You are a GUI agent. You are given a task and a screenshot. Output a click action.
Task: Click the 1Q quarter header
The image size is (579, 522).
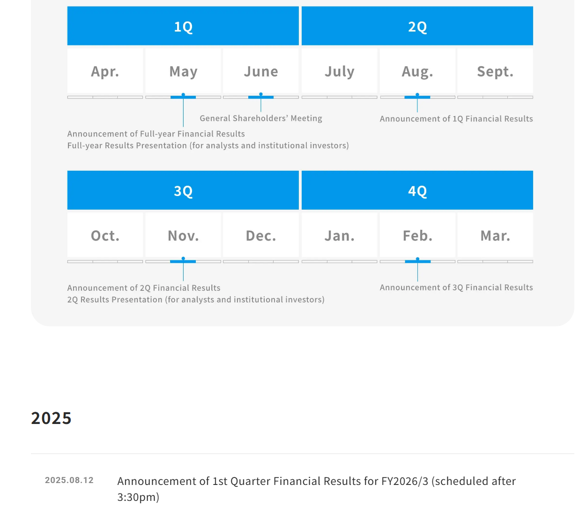[183, 26]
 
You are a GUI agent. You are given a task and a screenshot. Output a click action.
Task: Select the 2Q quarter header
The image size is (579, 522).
[417, 26]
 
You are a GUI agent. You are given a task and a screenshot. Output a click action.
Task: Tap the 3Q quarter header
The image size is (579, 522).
[183, 190]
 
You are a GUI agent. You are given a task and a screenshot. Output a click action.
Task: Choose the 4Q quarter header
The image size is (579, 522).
[417, 190]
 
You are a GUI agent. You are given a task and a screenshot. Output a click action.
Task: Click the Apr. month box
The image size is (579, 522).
[105, 71]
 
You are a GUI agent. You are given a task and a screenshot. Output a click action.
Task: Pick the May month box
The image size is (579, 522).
[183, 71]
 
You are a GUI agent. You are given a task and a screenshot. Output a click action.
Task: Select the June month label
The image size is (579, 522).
[261, 71]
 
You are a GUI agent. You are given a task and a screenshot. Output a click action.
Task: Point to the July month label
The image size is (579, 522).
[340, 71]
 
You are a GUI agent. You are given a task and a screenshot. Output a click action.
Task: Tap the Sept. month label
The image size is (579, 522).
[495, 71]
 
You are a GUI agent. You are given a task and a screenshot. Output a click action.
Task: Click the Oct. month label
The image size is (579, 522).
[105, 235]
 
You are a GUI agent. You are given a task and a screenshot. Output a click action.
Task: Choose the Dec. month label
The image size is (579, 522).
[261, 235]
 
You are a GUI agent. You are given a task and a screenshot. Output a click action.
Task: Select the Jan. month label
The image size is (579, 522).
[340, 235]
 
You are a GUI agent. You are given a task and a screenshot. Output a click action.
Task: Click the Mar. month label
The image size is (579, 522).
[495, 235]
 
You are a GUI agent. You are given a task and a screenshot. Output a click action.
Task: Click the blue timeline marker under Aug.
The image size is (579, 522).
[417, 97]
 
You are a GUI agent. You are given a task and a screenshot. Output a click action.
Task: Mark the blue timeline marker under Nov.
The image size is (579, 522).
[183, 261]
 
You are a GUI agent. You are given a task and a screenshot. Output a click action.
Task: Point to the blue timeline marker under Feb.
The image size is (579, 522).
[417, 261]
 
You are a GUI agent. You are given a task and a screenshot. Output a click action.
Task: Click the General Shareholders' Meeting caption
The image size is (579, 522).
[261, 118]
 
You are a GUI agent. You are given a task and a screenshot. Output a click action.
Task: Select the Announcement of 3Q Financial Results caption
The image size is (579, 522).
[456, 287]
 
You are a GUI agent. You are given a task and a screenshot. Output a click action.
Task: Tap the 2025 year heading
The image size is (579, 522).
[52, 418]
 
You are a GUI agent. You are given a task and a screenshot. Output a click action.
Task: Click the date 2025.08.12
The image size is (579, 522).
[69, 480]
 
